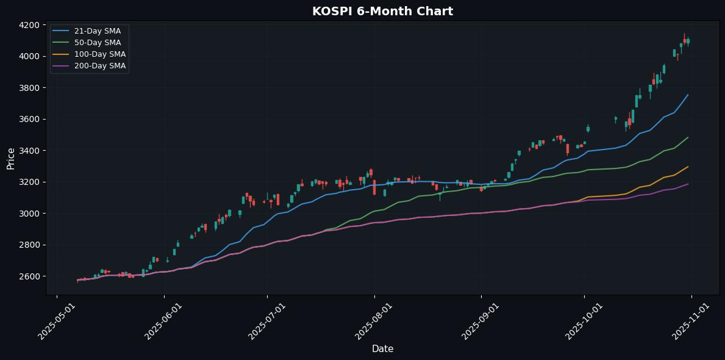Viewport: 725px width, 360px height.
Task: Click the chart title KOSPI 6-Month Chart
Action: [x=382, y=11]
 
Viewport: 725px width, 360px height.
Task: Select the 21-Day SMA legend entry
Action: [x=88, y=31]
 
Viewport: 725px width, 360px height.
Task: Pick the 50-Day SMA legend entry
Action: [x=88, y=43]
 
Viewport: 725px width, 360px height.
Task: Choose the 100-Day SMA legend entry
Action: [x=88, y=54]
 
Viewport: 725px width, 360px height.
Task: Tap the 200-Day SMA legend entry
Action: [x=88, y=66]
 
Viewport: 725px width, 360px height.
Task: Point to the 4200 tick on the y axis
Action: [x=29, y=25]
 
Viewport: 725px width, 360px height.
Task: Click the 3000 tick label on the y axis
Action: [x=29, y=214]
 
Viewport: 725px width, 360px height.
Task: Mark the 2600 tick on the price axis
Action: [x=29, y=276]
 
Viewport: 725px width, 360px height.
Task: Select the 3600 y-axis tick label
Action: [x=29, y=119]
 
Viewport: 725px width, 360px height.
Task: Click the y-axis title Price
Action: [x=11, y=157]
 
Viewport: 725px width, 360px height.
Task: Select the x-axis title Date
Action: [x=382, y=349]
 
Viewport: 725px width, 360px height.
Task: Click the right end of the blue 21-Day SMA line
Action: [x=688, y=95]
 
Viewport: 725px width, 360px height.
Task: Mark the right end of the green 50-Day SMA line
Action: [x=688, y=137]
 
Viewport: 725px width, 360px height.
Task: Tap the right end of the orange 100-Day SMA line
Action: [x=688, y=167]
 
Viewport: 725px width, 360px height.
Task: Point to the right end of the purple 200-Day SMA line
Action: [x=688, y=184]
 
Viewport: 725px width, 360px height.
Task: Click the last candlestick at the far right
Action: [x=688, y=41]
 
